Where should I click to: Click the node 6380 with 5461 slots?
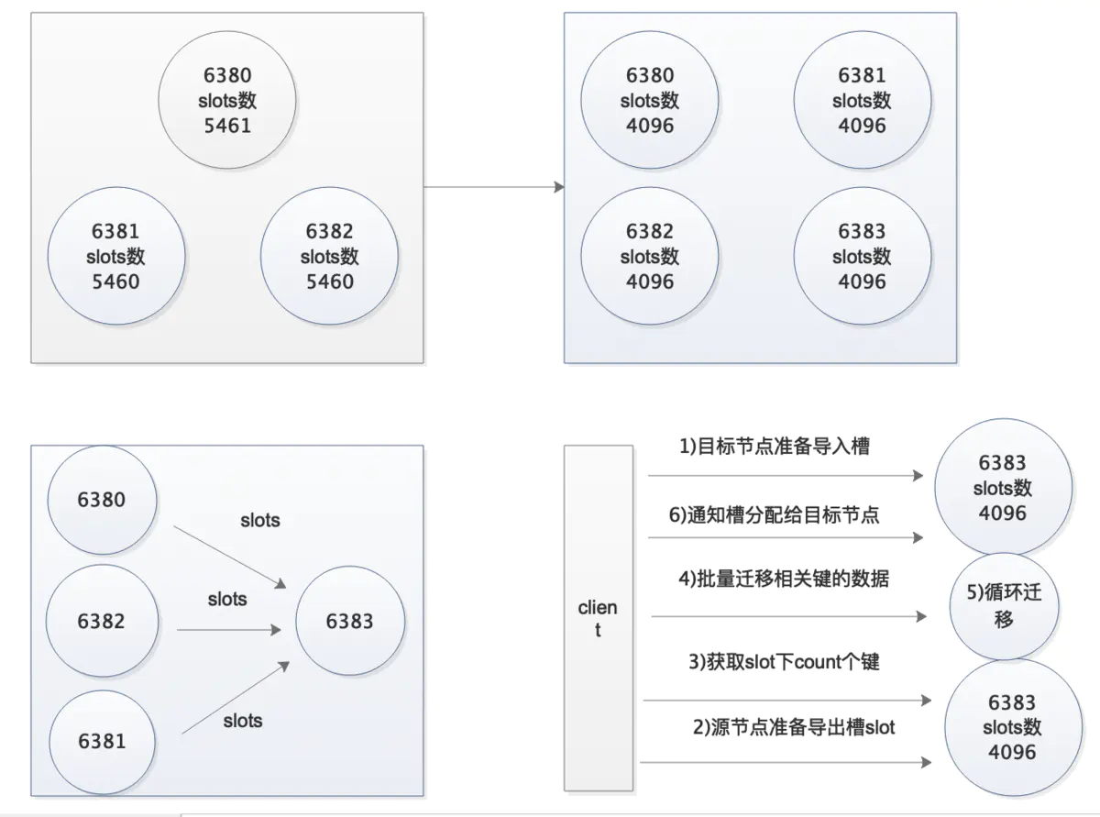coord(227,100)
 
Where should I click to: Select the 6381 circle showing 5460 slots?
coord(116,256)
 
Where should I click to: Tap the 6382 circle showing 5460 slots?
coord(329,256)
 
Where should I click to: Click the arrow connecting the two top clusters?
coord(494,187)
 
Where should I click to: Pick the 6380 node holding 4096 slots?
coord(650,100)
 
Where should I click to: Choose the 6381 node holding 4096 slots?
coord(863,100)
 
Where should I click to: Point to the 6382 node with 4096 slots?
coord(650,256)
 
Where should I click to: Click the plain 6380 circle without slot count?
coord(102,500)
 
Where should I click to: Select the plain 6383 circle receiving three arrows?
coord(350,621)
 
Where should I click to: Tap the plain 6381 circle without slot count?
coord(102,742)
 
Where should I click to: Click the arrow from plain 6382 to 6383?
coord(229,630)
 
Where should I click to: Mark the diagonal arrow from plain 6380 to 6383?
coord(229,558)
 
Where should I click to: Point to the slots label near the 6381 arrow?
coord(243,721)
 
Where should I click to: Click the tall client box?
coord(599,618)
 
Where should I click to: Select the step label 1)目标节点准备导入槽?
coord(775,447)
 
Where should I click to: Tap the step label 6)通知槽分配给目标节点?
coord(775,515)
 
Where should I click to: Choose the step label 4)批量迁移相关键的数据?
coord(784,579)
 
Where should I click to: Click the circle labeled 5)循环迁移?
coord(1005,606)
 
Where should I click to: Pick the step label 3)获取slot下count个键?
coord(784,662)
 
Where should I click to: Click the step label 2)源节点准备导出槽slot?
coord(794,727)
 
